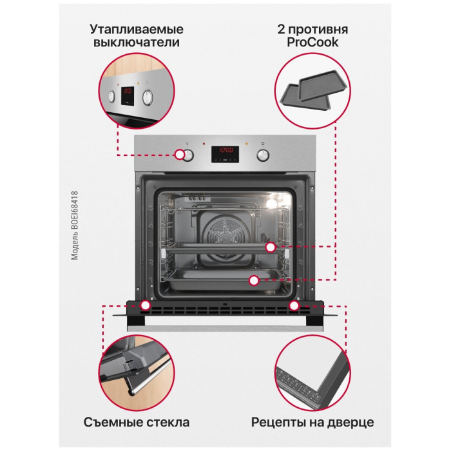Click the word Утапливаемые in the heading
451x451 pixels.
[137, 30]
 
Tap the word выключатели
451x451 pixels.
[137, 43]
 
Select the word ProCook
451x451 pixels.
[312, 43]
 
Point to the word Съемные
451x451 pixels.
[113, 422]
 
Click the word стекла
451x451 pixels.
[168, 423]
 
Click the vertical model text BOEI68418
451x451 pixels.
[75, 225]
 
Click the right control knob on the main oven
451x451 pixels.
[263, 155]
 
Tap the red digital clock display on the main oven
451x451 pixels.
[225, 154]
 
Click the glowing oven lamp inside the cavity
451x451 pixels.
[272, 204]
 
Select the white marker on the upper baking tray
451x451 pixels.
[271, 247]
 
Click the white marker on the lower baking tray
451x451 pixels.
[254, 280]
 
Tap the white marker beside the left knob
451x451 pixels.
[180, 155]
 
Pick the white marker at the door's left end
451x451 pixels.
[146, 306]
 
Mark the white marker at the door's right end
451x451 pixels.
[294, 306]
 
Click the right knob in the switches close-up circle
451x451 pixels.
[148, 97]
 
